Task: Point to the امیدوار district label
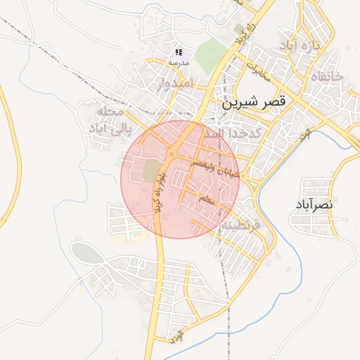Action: tap(154, 84)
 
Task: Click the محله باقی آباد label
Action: tap(106, 121)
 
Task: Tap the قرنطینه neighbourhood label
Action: tap(239, 226)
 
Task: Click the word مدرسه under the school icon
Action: tap(178, 63)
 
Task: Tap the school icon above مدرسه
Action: tap(179, 52)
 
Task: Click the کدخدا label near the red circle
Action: tap(232, 134)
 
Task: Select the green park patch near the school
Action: tap(211, 53)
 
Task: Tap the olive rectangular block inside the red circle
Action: tap(151, 171)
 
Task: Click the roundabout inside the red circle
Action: tap(172, 154)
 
